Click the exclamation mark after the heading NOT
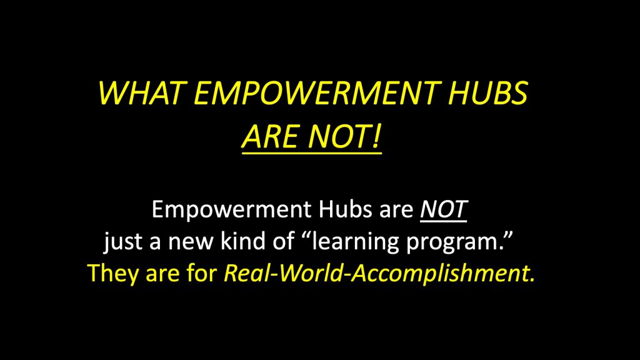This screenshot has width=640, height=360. (377, 137)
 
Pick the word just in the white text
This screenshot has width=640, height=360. (124, 241)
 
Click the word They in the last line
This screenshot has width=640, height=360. (111, 273)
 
